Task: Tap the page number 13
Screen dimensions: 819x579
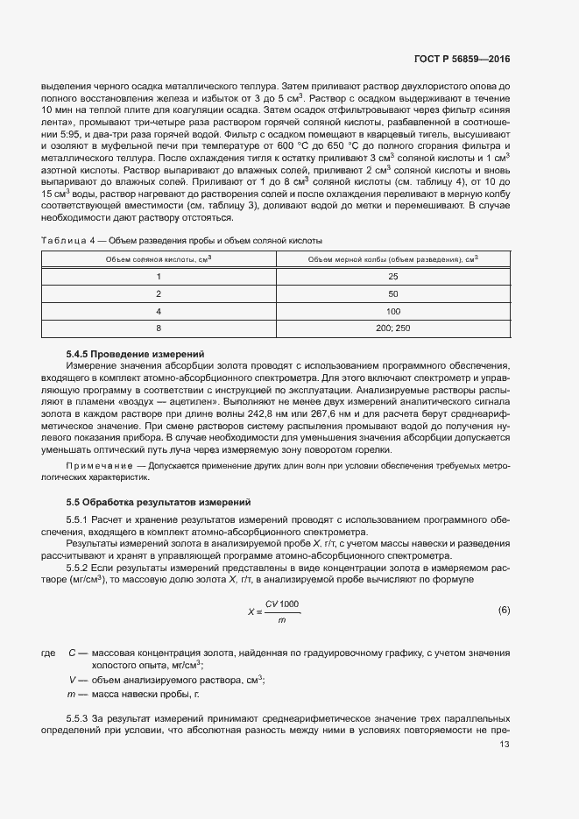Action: coord(504,745)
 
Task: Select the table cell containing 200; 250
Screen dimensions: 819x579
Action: coord(392,328)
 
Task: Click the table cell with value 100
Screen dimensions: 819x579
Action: coord(392,311)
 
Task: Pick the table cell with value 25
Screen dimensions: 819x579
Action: coord(392,277)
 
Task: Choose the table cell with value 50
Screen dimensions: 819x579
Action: coord(392,293)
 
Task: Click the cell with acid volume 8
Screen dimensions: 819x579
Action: coord(159,328)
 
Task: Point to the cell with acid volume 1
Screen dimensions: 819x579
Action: coord(159,277)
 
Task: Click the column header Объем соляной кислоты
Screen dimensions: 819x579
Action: coord(159,259)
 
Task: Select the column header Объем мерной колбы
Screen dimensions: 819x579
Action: coord(392,259)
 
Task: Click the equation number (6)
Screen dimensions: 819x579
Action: coord(503,610)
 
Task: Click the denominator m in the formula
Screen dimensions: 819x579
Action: coord(281,620)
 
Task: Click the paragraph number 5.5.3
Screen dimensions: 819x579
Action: coord(80,718)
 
